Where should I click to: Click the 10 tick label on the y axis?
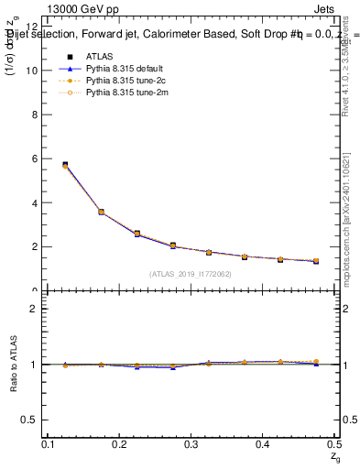click(33, 71)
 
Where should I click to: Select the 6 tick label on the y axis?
click(36, 158)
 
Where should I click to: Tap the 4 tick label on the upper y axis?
click(36, 202)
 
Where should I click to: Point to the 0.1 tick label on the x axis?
click(49, 444)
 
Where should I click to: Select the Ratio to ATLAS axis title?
click(14, 365)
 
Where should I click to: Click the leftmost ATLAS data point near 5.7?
click(65, 165)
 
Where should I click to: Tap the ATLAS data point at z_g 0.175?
click(101, 212)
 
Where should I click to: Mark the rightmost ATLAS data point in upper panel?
click(315, 261)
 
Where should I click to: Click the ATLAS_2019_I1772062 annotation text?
click(191, 274)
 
